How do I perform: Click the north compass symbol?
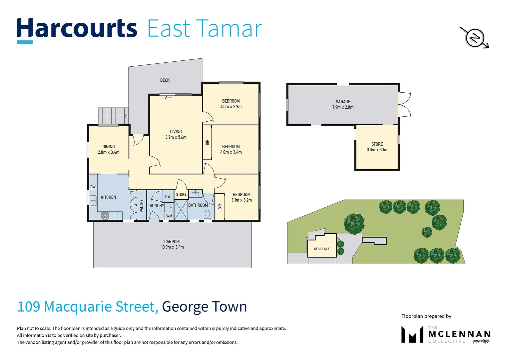click(x=474, y=38)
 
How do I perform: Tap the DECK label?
click(x=165, y=80)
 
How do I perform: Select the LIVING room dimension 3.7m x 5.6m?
click(x=176, y=137)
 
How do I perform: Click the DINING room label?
click(x=109, y=147)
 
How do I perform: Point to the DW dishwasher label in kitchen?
click(x=93, y=187)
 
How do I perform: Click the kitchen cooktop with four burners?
click(x=105, y=216)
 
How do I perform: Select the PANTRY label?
click(x=141, y=206)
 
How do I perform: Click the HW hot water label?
click(x=168, y=196)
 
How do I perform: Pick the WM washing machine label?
click(x=169, y=216)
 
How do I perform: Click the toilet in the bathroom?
click(x=208, y=214)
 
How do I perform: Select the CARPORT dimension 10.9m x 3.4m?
click(x=172, y=247)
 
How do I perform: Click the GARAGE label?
click(x=343, y=102)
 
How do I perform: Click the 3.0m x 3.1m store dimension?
click(x=377, y=150)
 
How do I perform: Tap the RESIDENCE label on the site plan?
click(x=322, y=249)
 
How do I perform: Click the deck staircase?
click(x=113, y=116)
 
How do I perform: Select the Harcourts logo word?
click(x=77, y=29)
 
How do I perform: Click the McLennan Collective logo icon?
click(x=412, y=334)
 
